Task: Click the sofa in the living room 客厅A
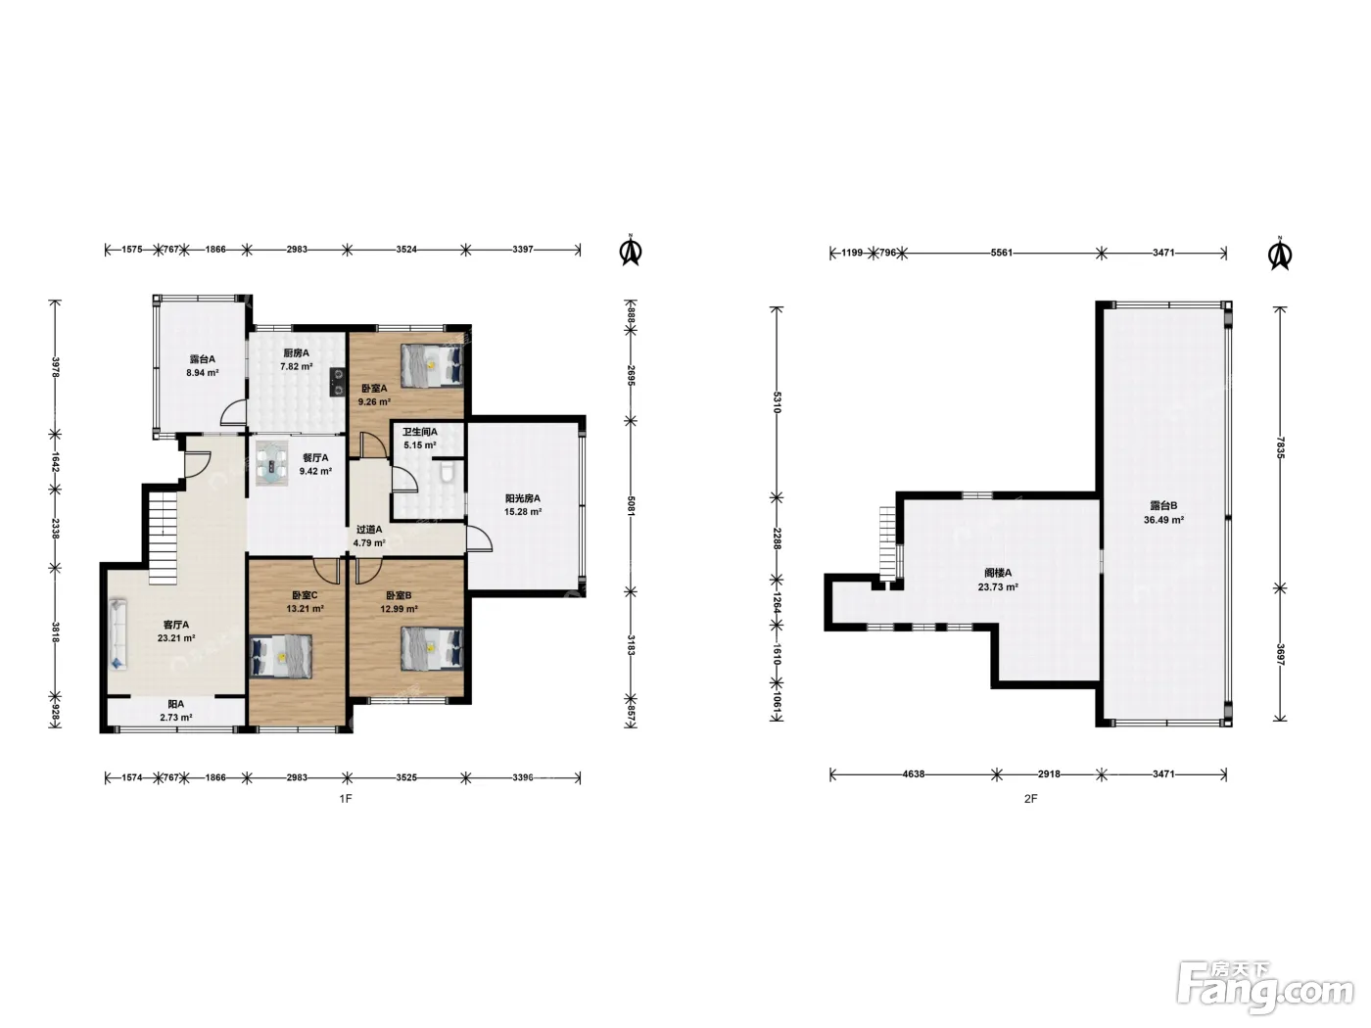[x=118, y=634]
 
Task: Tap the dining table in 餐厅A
[x=272, y=463]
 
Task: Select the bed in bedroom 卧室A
[x=432, y=365]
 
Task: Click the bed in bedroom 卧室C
[x=281, y=656]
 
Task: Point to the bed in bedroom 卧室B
[x=432, y=648]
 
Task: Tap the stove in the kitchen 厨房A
[x=338, y=382]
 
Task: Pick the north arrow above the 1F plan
[x=631, y=251]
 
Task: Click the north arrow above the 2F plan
[x=1280, y=254]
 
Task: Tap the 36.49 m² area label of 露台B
[x=1163, y=520]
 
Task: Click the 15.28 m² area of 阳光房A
[x=523, y=512]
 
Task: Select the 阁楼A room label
[x=998, y=573]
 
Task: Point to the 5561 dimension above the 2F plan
[x=1001, y=253]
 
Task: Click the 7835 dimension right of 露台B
[x=1280, y=447]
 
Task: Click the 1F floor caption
[x=346, y=798]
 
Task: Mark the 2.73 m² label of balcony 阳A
[x=175, y=718]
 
